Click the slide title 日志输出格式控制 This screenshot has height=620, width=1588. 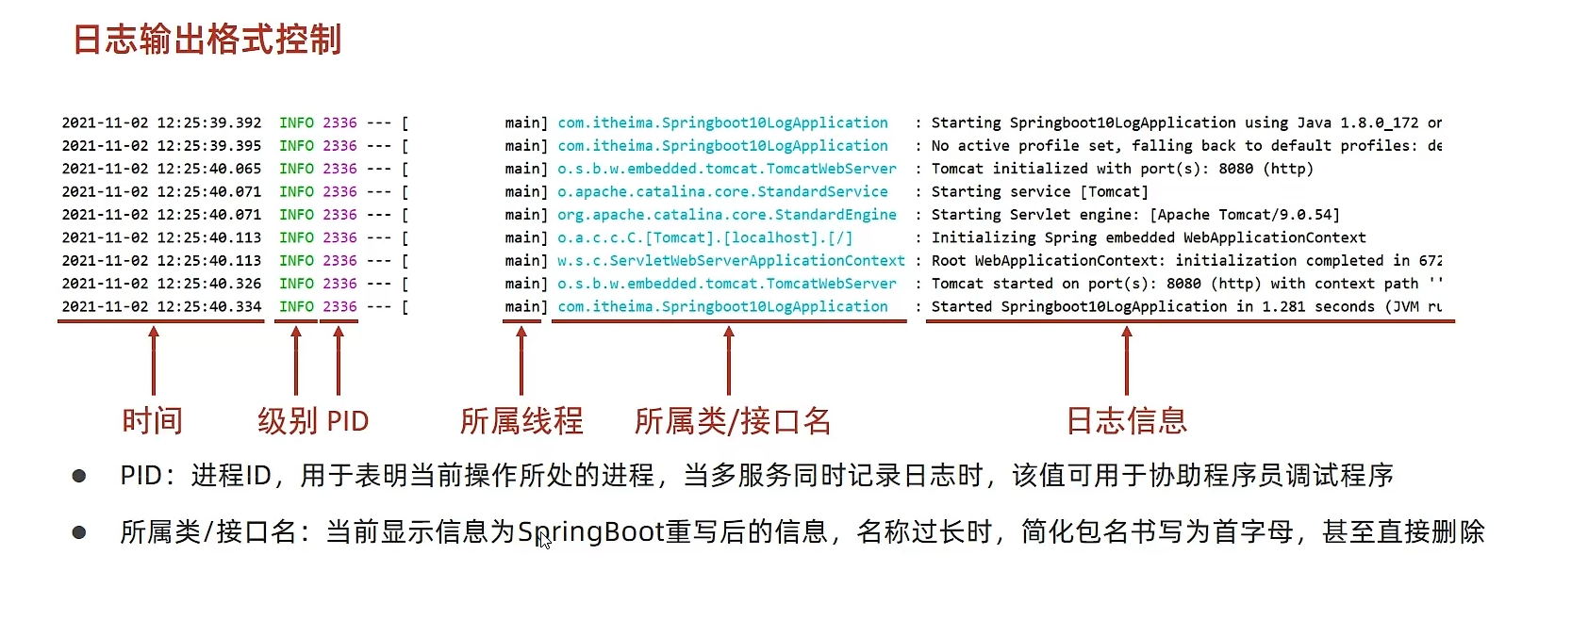[x=207, y=39]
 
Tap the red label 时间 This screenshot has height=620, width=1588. [x=153, y=421]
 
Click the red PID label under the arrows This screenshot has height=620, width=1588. [x=348, y=421]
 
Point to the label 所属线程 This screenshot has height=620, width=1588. [x=521, y=421]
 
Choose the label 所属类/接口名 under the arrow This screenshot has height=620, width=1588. [x=733, y=421]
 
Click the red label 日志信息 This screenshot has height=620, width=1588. [x=1127, y=421]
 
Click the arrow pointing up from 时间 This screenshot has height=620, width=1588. [x=154, y=360]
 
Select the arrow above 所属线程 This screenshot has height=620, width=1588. [x=521, y=360]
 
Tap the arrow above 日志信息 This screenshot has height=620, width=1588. [x=1127, y=360]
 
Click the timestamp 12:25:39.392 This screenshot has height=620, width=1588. [x=209, y=122]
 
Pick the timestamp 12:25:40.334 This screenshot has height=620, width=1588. [x=209, y=307]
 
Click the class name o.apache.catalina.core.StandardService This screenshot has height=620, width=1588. [x=722, y=192]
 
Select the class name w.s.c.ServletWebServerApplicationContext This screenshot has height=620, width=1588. [x=731, y=261]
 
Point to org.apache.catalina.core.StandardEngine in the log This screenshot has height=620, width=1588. [x=727, y=215]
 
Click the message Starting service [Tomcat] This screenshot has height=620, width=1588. [x=1039, y=192]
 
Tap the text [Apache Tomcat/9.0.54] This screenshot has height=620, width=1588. [x=1244, y=215]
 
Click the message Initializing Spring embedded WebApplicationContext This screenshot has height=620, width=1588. [x=1149, y=238]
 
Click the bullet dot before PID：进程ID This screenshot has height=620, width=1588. [x=78, y=476]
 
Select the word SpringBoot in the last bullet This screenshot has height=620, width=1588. [x=591, y=532]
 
